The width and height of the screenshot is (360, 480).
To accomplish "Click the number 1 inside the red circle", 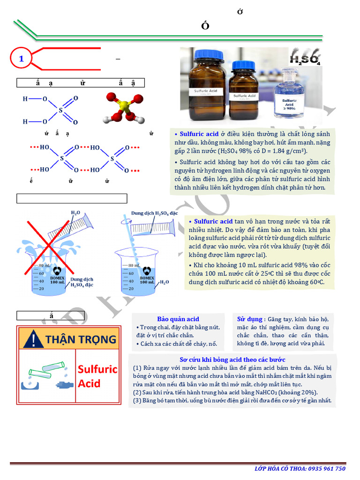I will [21, 59].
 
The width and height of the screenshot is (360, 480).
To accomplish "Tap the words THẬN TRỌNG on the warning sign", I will [81, 339].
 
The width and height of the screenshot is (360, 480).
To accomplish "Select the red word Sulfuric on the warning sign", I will [97, 369].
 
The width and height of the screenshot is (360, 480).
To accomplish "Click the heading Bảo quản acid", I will [178, 319].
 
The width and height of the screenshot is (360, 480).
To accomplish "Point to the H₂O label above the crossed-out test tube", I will [75, 212].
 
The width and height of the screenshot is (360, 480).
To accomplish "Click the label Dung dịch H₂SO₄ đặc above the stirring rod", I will [154, 213].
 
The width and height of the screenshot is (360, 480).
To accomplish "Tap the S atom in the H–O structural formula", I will [60, 111].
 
